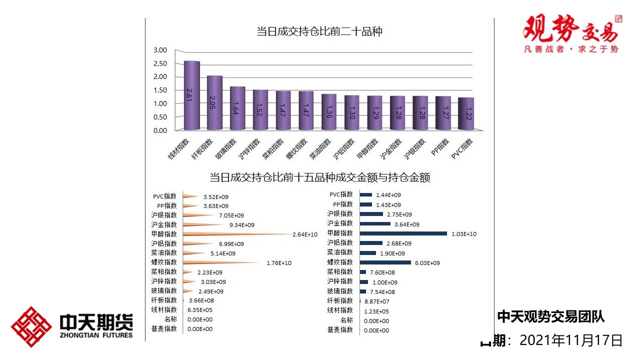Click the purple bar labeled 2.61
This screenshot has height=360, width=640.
pyautogui.click(x=192, y=95)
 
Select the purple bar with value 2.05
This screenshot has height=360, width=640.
pyautogui.click(x=214, y=102)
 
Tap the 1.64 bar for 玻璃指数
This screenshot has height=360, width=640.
pyautogui.click(x=237, y=108)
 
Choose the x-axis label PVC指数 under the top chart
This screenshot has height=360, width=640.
pyautogui.click(x=462, y=148)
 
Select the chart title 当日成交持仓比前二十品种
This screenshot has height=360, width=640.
pyautogui.click(x=319, y=32)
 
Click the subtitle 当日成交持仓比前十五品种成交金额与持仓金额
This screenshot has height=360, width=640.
pyautogui.click(x=319, y=177)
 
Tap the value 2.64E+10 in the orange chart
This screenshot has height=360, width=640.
pyautogui.click(x=305, y=234)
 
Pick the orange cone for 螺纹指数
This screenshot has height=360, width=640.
pyautogui.click(x=220, y=262)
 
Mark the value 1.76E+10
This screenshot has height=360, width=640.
pyautogui.click(x=279, y=263)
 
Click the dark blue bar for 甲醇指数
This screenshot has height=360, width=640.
pyautogui.click(x=403, y=233)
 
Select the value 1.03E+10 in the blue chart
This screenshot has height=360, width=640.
pyautogui.click(x=464, y=234)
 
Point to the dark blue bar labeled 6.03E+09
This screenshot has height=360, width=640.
pyautogui.click(x=385, y=262)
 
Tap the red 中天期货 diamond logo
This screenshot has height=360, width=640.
pyautogui.click(x=31, y=327)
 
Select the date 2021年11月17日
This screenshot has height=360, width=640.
pyautogui.click(x=571, y=340)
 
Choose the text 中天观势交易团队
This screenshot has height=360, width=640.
pyautogui.click(x=550, y=316)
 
